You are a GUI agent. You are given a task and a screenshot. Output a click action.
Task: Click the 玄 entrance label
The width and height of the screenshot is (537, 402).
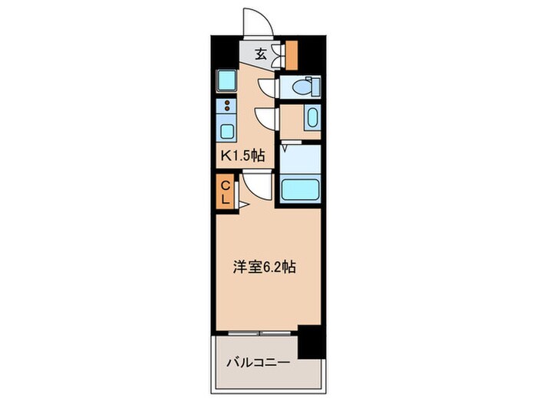point(260,54)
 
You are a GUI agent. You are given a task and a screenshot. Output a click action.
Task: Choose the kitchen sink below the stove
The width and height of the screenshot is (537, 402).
point(226,130)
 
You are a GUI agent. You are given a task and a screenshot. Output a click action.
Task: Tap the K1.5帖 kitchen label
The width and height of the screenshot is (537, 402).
point(243,156)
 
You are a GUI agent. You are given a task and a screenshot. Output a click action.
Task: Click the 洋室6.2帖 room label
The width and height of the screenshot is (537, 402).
point(265,267)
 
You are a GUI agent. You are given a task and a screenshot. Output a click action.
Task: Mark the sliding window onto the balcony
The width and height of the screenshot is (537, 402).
point(261,333)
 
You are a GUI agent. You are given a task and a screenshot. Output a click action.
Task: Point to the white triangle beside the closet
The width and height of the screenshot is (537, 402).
point(240,204)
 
